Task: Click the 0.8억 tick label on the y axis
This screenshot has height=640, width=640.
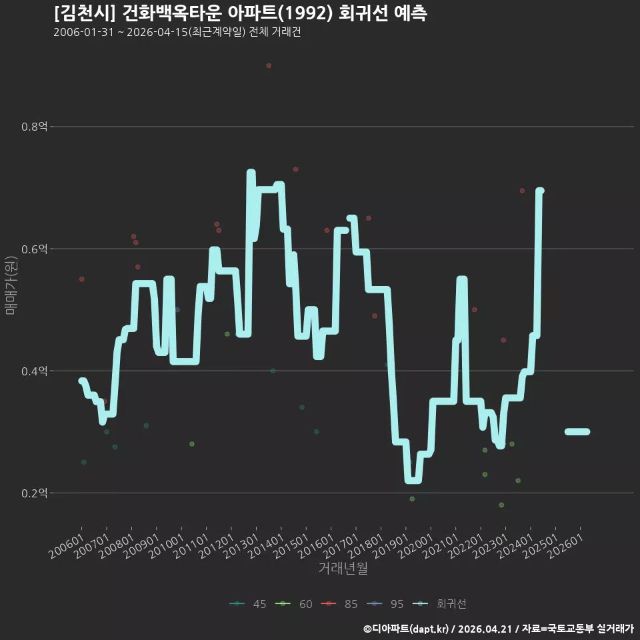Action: pyautogui.click(x=34, y=127)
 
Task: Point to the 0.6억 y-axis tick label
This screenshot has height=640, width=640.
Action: pyautogui.click(x=34, y=249)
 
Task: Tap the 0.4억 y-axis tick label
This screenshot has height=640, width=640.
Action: pyautogui.click(x=34, y=371)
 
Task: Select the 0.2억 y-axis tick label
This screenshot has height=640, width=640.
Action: pyautogui.click(x=34, y=493)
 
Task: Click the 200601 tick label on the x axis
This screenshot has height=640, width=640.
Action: pyautogui.click(x=66, y=546)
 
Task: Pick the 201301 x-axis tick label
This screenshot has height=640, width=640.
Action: pyautogui.click(x=241, y=546)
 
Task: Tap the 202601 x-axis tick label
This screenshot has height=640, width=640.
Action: pyautogui.click(x=565, y=546)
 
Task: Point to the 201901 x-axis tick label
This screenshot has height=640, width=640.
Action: pyautogui.click(x=391, y=546)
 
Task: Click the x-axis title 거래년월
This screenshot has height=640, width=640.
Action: pyautogui.click(x=343, y=568)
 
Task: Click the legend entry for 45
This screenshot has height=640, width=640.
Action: pyautogui.click(x=248, y=604)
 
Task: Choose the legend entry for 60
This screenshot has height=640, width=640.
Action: pyautogui.click(x=294, y=604)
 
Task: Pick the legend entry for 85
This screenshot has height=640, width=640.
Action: pyautogui.click(x=339, y=604)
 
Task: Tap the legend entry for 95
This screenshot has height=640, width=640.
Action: pyautogui.click(x=385, y=604)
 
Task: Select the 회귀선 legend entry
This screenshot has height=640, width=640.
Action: pyautogui.click(x=439, y=604)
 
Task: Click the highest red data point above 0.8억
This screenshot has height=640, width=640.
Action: pyautogui.click(x=269, y=66)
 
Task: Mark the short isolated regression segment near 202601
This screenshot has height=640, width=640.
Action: pyautogui.click(x=577, y=432)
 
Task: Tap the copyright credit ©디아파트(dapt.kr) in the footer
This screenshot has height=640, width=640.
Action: pyautogui.click(x=406, y=629)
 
